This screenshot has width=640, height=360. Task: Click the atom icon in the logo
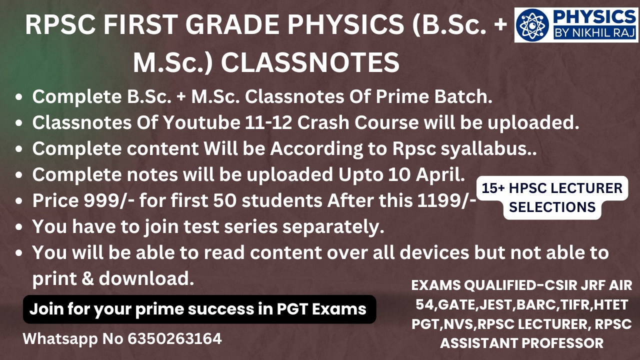click(x=532, y=24)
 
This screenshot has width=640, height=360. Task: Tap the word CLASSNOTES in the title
click(x=310, y=62)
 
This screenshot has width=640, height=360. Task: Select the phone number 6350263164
click(x=174, y=338)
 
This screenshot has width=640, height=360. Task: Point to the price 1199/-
click(x=446, y=200)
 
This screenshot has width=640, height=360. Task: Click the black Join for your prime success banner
click(x=199, y=309)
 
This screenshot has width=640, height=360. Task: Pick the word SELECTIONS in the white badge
click(x=552, y=207)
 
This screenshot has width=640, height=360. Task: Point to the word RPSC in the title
click(x=60, y=25)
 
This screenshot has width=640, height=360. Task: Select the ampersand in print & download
click(x=87, y=278)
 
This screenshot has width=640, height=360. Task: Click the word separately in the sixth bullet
click(x=333, y=227)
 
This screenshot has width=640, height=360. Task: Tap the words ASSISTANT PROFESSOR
click(x=521, y=343)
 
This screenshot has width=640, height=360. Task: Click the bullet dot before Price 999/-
click(x=19, y=201)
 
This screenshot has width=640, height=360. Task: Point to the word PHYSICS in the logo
click(x=594, y=16)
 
